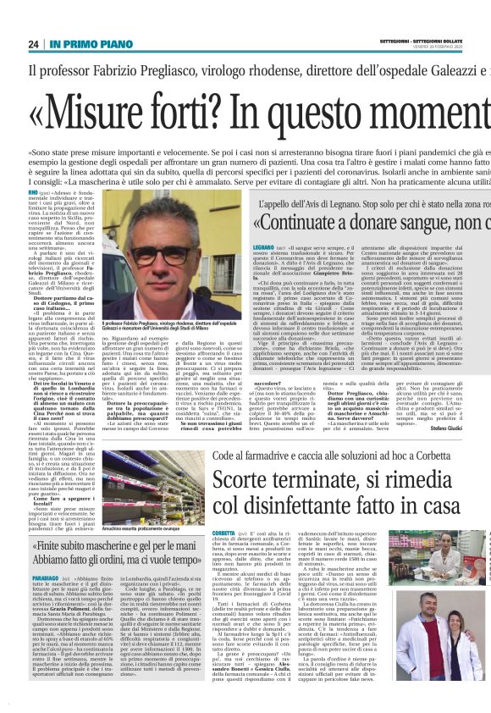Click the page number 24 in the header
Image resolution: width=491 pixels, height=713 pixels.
point(33,44)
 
